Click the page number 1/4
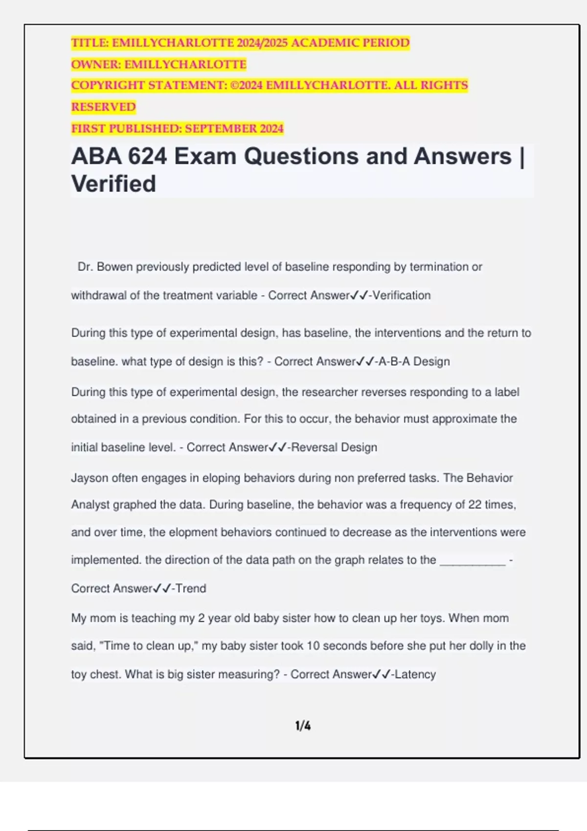point(303,726)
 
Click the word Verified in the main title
point(113,184)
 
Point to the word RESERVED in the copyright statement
point(103,107)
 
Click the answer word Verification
point(402,295)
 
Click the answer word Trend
point(191,588)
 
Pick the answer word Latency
point(415,674)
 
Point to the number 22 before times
point(474,504)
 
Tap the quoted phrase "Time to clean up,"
point(148,646)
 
